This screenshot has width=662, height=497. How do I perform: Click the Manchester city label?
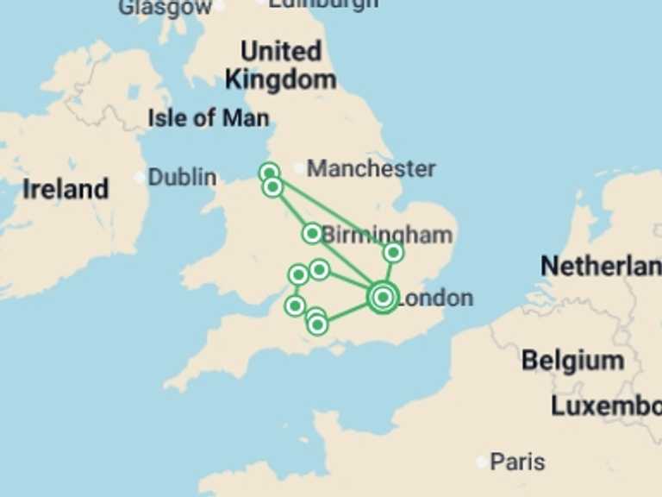pyautogui.click(x=371, y=168)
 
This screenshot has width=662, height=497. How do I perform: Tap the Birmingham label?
pyautogui.click(x=387, y=235)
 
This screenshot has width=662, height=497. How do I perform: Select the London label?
pyautogui.click(x=435, y=299)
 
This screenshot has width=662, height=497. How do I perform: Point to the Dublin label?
pyautogui.click(x=182, y=177)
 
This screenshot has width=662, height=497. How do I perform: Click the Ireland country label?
pyautogui.click(x=66, y=189)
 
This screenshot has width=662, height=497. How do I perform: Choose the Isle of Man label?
pyautogui.click(x=208, y=117)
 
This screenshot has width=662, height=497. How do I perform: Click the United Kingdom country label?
pyautogui.click(x=280, y=65)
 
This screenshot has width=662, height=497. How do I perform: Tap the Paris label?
pyautogui.click(x=517, y=462)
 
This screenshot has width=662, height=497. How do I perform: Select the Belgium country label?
pyautogui.click(x=572, y=360)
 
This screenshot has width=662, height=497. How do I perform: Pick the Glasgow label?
pyautogui.click(x=165, y=8)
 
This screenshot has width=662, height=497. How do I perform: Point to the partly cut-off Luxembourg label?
pyautogui.click(x=606, y=406)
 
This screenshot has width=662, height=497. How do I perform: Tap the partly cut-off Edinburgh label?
pyautogui.click(x=322, y=3)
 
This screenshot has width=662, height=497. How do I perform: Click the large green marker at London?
pyautogui.click(x=383, y=298)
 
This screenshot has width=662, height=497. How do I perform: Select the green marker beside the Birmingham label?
pyautogui.click(x=312, y=233)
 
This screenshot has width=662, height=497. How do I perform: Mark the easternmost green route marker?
pyautogui.click(x=393, y=253)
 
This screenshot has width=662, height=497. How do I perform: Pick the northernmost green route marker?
pyautogui.click(x=270, y=173)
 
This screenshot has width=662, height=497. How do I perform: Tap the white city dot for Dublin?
pyautogui.click(x=140, y=178)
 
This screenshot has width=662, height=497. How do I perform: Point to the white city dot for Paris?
pyautogui.click(x=482, y=462)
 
